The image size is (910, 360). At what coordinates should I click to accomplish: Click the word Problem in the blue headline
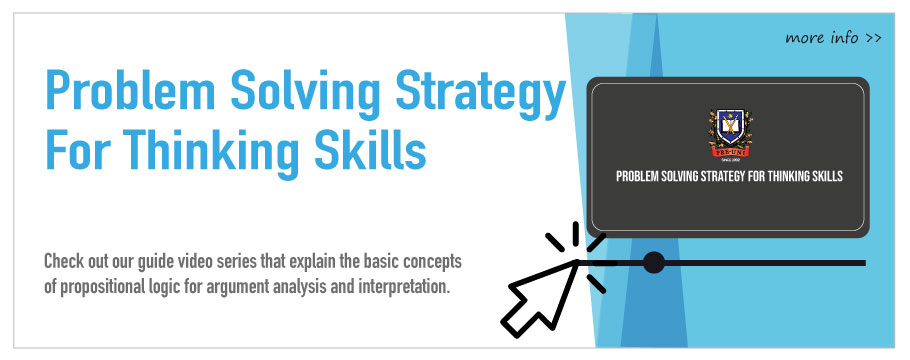pyautogui.click(x=130, y=91)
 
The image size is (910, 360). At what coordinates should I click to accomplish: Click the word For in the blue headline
pyautogui.click(x=77, y=149)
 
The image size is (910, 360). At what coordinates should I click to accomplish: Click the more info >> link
pyautogui.click(x=833, y=38)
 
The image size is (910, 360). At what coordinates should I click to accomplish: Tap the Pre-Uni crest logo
pyautogui.click(x=730, y=133)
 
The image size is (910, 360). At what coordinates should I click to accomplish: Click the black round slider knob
pyautogui.click(x=654, y=262)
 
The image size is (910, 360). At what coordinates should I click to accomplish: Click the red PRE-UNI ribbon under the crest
pyautogui.click(x=730, y=152)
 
